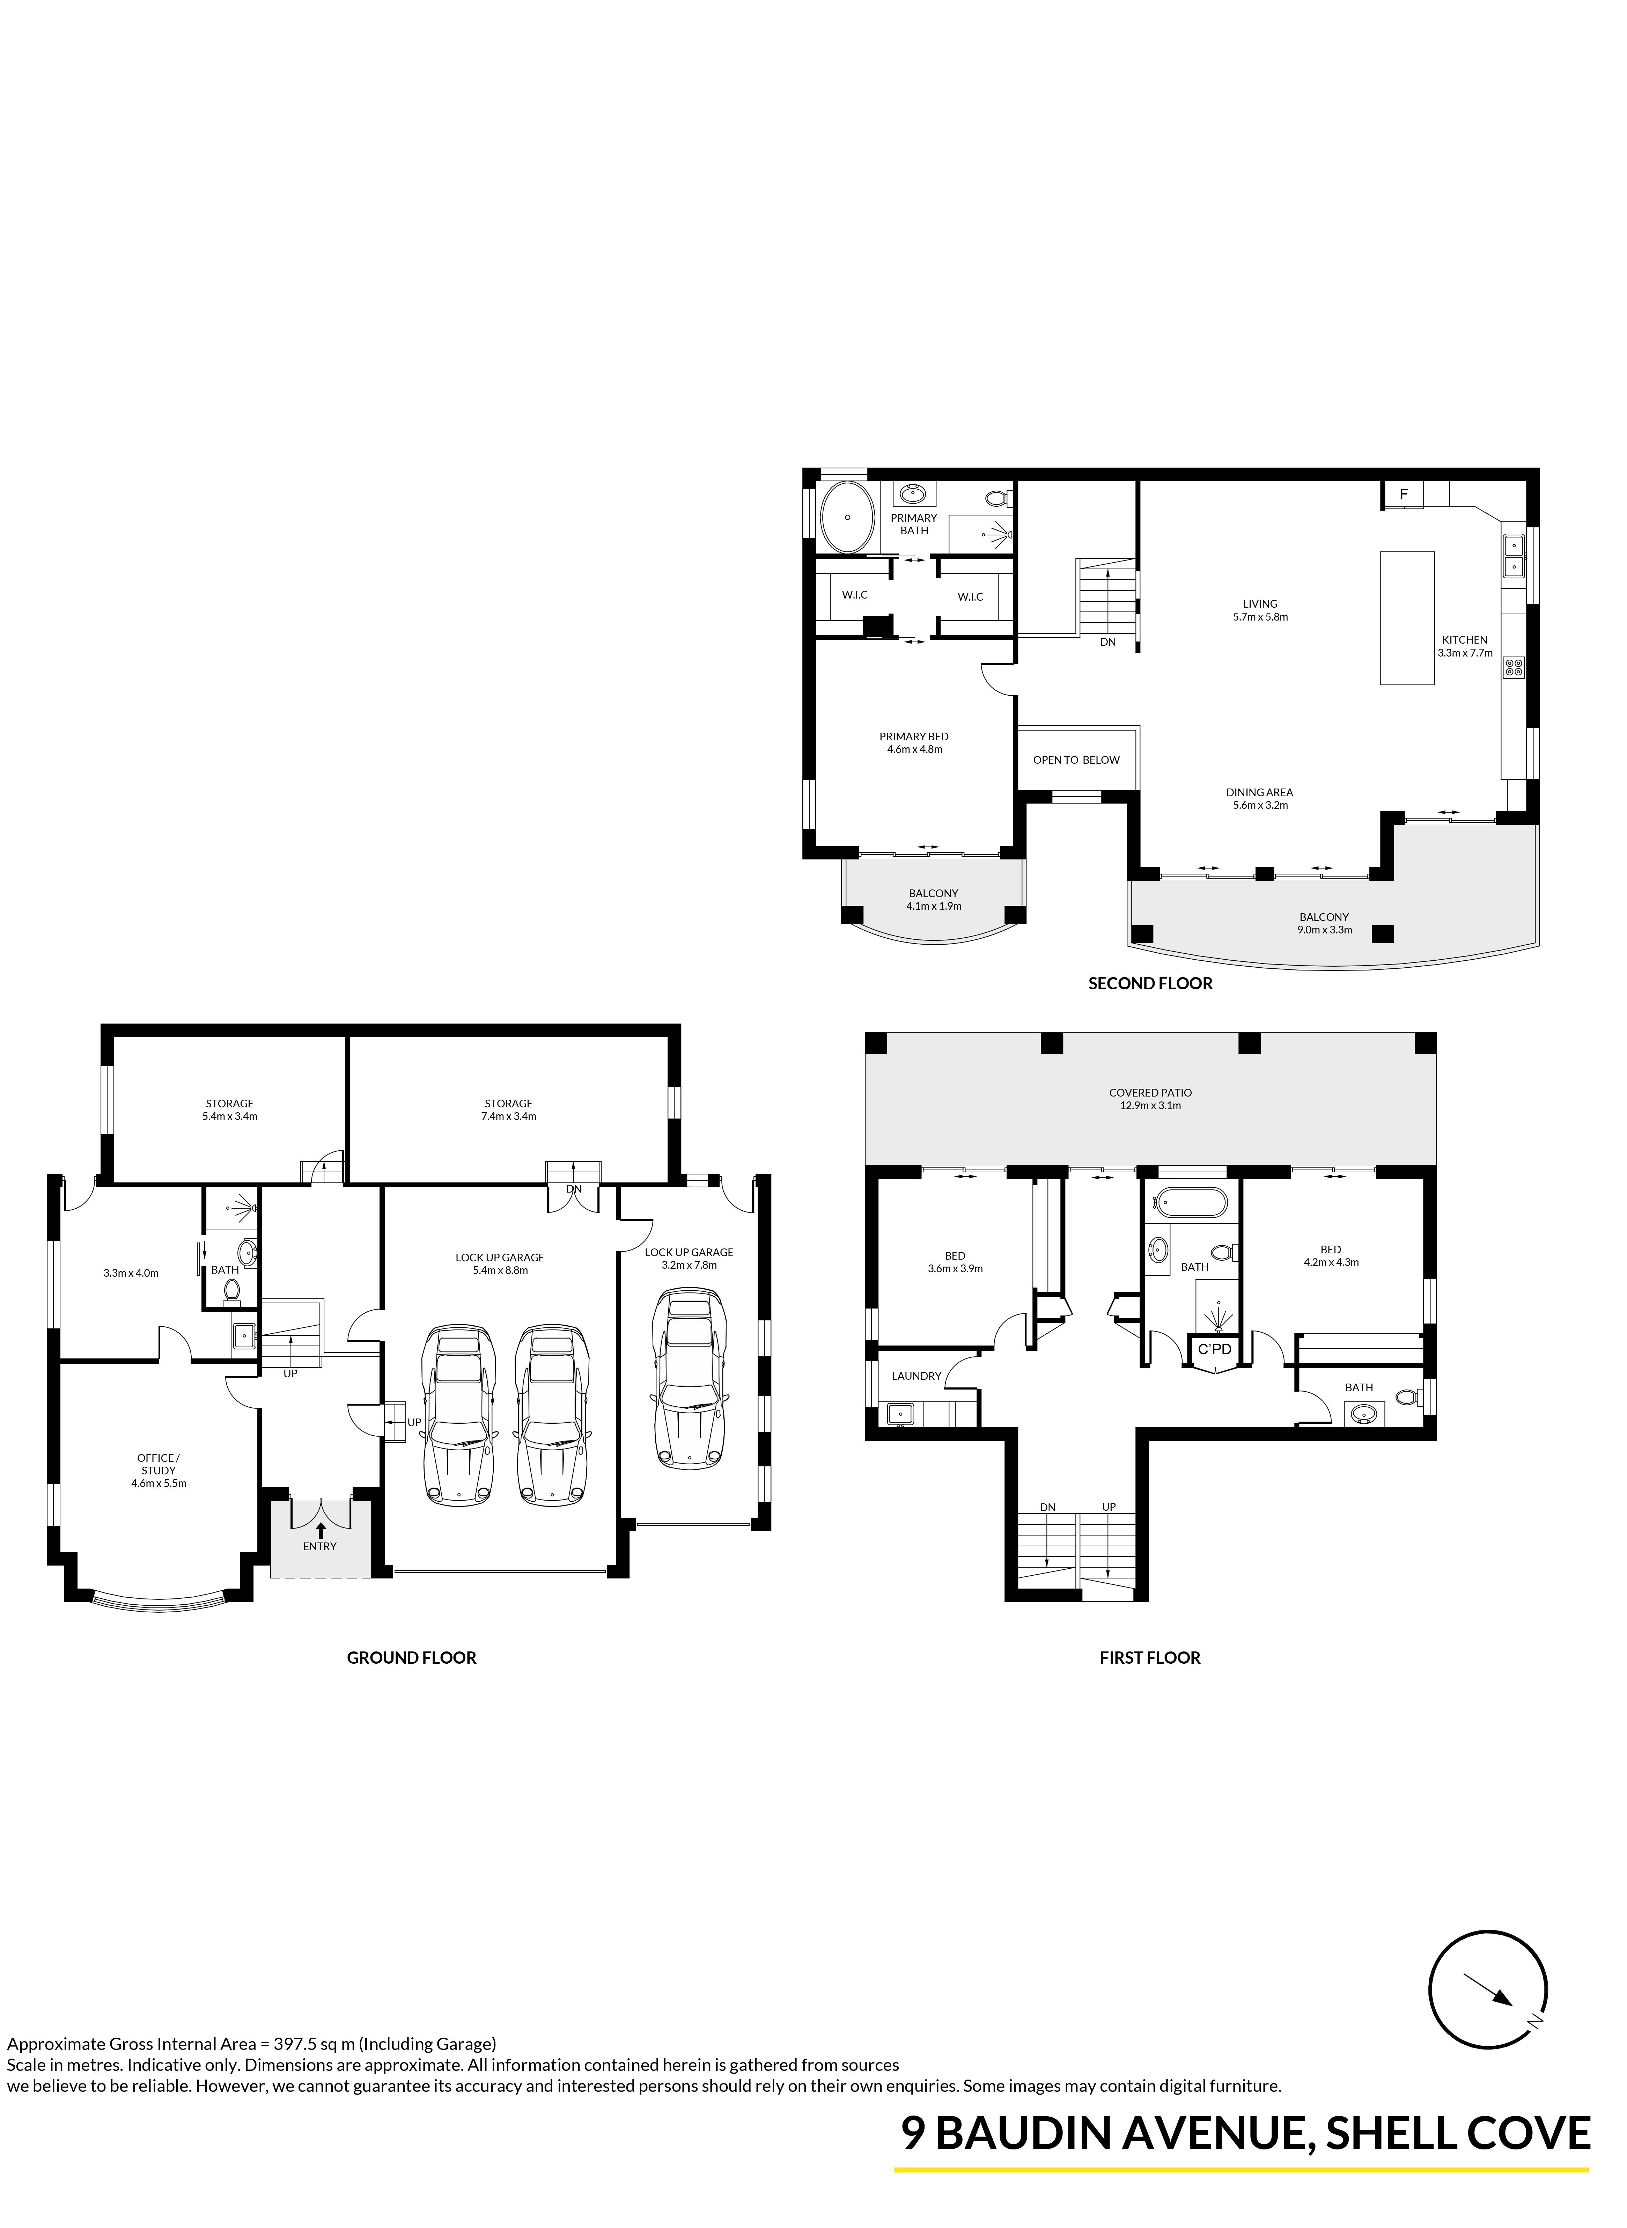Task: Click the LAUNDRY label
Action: pos(916,1376)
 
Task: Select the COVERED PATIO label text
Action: pos(1150,1092)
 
